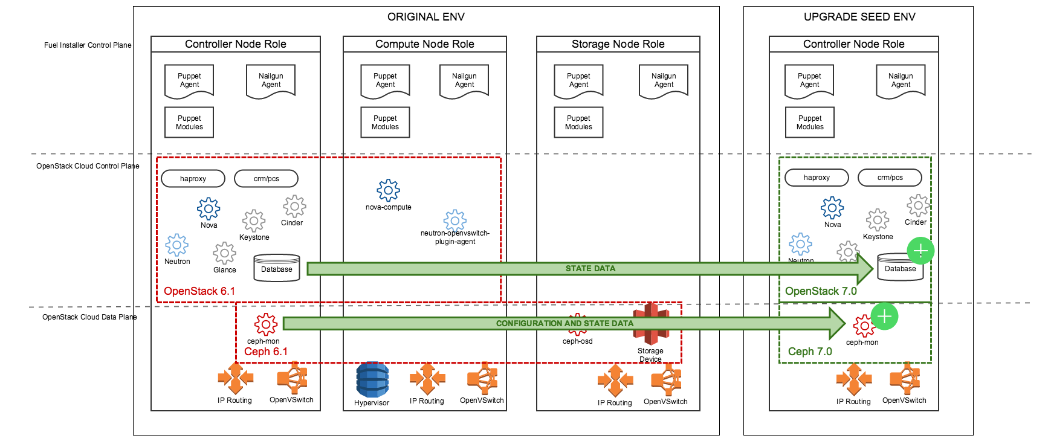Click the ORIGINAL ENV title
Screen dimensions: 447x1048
(x=426, y=17)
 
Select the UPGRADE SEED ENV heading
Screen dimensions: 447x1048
(x=859, y=17)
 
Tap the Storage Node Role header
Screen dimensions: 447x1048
(x=618, y=44)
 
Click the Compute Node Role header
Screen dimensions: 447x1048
(x=424, y=44)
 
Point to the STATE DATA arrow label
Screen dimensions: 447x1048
(x=590, y=268)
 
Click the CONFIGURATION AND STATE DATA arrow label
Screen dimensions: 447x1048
(x=564, y=323)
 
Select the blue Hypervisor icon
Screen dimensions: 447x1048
(x=372, y=379)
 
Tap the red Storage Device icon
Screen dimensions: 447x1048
(x=651, y=324)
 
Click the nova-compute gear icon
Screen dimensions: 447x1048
(x=388, y=190)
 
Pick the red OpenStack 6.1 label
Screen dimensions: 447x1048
(x=199, y=291)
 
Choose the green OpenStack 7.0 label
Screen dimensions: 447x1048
(x=820, y=291)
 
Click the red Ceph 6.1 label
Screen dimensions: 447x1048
(x=265, y=352)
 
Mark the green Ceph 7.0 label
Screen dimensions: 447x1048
(x=809, y=352)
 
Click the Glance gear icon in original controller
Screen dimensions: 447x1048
(x=224, y=253)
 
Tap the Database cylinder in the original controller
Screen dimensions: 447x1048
(x=277, y=268)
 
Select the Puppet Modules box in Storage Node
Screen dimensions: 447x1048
(x=578, y=123)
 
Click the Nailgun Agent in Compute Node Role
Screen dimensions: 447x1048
(x=464, y=80)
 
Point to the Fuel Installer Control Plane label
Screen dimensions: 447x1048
(x=88, y=45)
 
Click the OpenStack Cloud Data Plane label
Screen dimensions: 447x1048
(x=89, y=317)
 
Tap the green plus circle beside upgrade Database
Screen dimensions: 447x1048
(x=920, y=251)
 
